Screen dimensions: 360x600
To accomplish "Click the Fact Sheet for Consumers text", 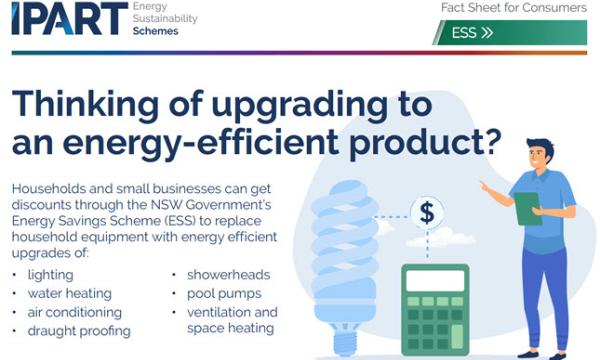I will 513,8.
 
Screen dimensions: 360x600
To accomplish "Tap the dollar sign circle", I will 427,212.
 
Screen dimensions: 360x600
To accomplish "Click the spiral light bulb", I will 345,250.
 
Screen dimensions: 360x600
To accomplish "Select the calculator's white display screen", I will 436,282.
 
